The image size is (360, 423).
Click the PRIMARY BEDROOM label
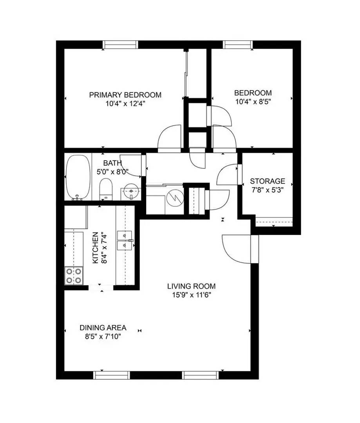[x=125, y=95]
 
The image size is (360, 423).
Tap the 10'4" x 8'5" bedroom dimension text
[x=253, y=101]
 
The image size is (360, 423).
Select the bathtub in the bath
[x=78, y=177]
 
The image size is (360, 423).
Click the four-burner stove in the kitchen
[x=74, y=275]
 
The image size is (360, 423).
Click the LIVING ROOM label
[x=191, y=286]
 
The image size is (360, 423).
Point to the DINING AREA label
[x=103, y=328]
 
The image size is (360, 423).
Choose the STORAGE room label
[x=268, y=181]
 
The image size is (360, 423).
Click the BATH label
[x=112, y=163]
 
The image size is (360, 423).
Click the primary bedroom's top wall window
[x=120, y=44]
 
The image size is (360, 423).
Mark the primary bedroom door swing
[x=169, y=138]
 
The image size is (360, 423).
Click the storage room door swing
[x=227, y=175]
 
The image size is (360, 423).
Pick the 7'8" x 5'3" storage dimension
[x=268, y=190]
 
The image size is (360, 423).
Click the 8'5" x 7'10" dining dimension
[x=103, y=336]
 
